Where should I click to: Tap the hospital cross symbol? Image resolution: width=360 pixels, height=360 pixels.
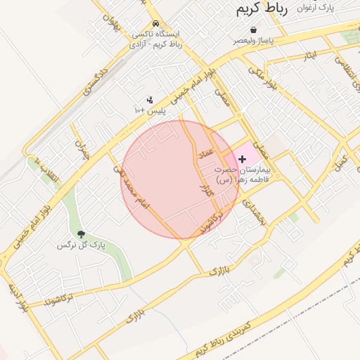(243, 160)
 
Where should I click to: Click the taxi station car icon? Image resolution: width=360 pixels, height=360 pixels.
(155, 23)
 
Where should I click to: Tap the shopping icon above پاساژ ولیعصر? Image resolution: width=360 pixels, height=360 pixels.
(253, 30)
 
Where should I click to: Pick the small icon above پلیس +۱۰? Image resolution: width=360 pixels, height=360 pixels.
(150, 100)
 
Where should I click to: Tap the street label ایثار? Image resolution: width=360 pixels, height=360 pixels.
(310, 54)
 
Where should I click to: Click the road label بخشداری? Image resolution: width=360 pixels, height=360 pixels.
(253, 211)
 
